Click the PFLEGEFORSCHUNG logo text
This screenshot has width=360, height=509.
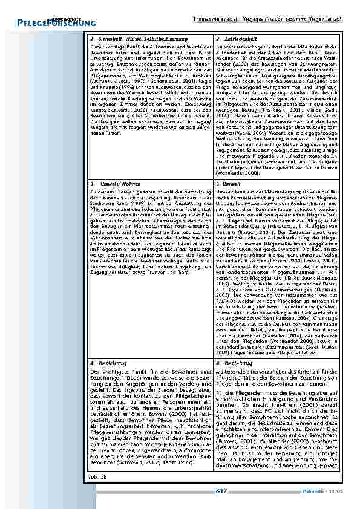point(48,23)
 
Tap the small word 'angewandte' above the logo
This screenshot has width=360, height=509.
point(65,16)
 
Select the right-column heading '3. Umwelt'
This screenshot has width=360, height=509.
point(228,182)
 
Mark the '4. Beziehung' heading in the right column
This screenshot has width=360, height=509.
point(232,363)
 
